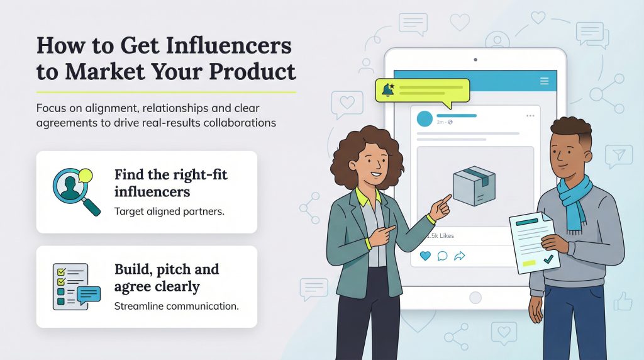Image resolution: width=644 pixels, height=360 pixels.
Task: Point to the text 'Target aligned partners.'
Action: pos(169,211)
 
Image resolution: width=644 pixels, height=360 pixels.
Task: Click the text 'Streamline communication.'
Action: pos(176,307)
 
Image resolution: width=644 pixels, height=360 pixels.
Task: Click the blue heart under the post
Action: pos(425,256)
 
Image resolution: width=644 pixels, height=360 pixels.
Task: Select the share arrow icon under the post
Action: pos(459,256)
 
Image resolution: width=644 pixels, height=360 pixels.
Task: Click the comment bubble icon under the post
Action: pos(442,256)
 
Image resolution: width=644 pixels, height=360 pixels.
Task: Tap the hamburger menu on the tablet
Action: pos(545,81)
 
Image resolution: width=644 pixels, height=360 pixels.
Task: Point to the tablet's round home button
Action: pos(475,297)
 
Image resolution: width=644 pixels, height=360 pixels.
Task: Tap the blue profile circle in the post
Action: pos(425,118)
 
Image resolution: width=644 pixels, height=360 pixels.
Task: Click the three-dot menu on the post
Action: pos(530,116)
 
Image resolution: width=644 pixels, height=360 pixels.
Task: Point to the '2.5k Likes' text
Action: pos(440,236)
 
